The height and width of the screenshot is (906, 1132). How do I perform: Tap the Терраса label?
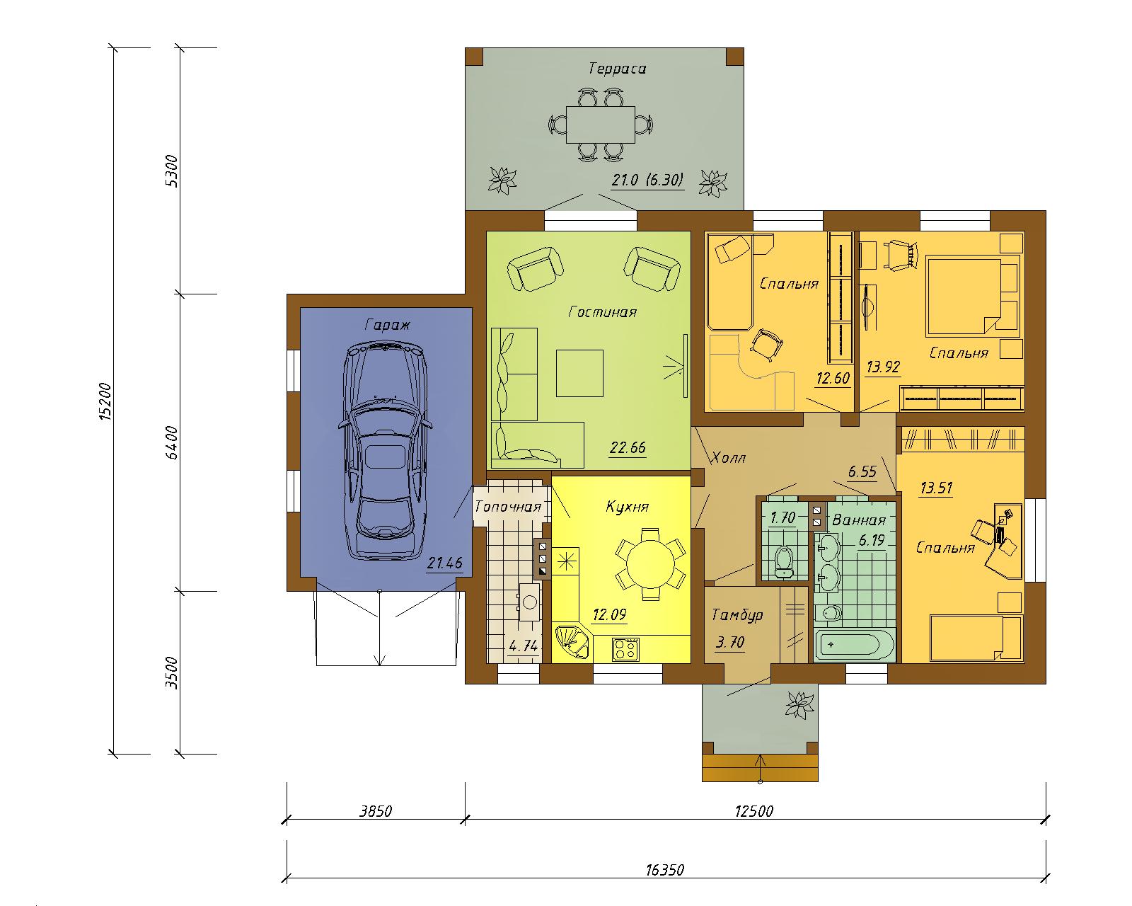click(617, 69)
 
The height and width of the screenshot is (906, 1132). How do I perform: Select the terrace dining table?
click(600, 125)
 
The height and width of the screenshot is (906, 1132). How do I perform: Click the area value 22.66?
click(628, 447)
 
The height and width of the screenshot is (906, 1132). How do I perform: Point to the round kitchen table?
click(650, 563)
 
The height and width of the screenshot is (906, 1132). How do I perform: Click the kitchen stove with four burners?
click(626, 649)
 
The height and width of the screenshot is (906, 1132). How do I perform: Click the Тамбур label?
click(737, 614)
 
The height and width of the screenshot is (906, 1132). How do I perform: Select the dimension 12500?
click(753, 811)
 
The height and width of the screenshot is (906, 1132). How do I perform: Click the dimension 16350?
click(665, 870)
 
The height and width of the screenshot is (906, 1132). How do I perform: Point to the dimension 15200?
click(105, 401)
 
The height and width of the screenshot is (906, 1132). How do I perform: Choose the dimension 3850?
click(376, 811)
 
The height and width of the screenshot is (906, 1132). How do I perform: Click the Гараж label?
click(386, 326)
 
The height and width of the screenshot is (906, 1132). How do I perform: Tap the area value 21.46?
click(444, 563)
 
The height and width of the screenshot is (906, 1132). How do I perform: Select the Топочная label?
click(507, 506)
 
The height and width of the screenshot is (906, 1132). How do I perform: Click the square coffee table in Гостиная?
click(579, 373)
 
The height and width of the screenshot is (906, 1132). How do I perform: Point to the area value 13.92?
click(883, 367)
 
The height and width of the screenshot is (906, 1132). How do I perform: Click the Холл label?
click(729, 458)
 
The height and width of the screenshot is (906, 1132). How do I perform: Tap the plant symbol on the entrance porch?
click(799, 705)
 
